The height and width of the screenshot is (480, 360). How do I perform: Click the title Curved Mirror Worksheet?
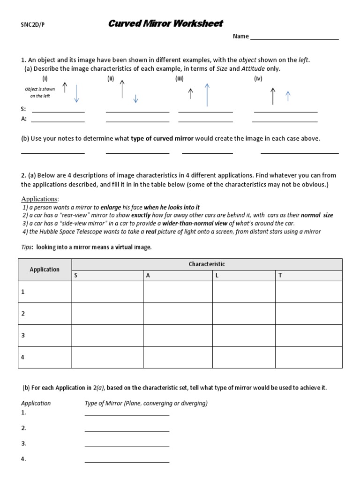pos(166,23)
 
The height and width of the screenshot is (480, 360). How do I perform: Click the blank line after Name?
pos(294,38)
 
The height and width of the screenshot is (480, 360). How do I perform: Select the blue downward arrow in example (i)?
pos(77,94)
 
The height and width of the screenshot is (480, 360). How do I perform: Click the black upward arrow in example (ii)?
pos(122,89)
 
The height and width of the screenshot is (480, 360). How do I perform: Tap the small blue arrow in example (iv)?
pos(288,96)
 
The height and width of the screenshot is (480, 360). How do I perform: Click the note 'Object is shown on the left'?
pos(40,92)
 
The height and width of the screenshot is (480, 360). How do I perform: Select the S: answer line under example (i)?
pos(58,112)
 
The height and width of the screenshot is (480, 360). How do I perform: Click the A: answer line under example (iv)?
pos(285,121)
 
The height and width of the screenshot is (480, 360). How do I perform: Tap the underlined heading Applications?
pos(40,199)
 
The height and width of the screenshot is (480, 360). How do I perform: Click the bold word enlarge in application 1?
pos(111,207)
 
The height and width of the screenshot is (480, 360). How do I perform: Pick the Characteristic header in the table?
pos(207,264)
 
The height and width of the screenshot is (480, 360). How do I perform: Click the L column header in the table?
pos(217,275)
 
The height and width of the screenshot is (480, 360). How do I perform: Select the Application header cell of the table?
pos(45,270)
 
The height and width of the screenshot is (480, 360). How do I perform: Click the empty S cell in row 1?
pos(107,292)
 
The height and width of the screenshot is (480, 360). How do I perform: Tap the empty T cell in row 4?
pos(308,357)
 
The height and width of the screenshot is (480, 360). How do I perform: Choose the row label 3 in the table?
pos(23,335)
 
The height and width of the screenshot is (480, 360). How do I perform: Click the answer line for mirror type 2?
pos(127,430)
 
